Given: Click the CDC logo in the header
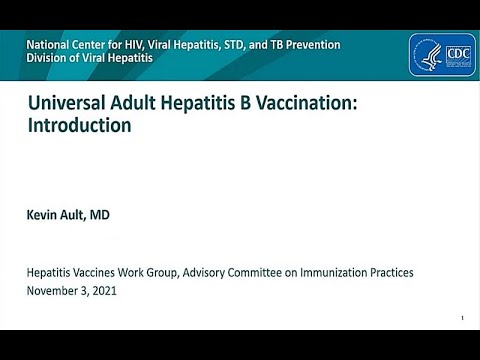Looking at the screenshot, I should click(441, 55).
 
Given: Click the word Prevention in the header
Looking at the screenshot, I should click(310, 45).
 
